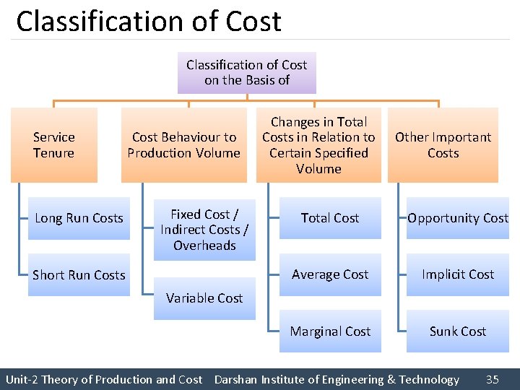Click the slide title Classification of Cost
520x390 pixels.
149,22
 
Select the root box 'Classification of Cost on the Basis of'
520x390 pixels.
246,72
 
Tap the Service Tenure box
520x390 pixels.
54,144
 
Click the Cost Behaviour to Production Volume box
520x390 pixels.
183,144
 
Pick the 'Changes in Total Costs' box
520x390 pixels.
318,144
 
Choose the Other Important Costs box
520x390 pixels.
443,144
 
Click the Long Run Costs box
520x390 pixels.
79,218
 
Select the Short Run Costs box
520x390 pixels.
79,274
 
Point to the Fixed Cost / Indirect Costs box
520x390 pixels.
204,230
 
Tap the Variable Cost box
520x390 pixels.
204,298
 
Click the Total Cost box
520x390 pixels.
330,218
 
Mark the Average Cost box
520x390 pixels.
330,274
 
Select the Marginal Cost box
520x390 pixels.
330,331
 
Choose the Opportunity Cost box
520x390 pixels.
458,218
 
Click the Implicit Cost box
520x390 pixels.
458,274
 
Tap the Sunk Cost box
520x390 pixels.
458,331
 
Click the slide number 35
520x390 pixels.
493,379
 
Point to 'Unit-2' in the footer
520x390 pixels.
22,379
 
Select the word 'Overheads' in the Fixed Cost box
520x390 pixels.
204,246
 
